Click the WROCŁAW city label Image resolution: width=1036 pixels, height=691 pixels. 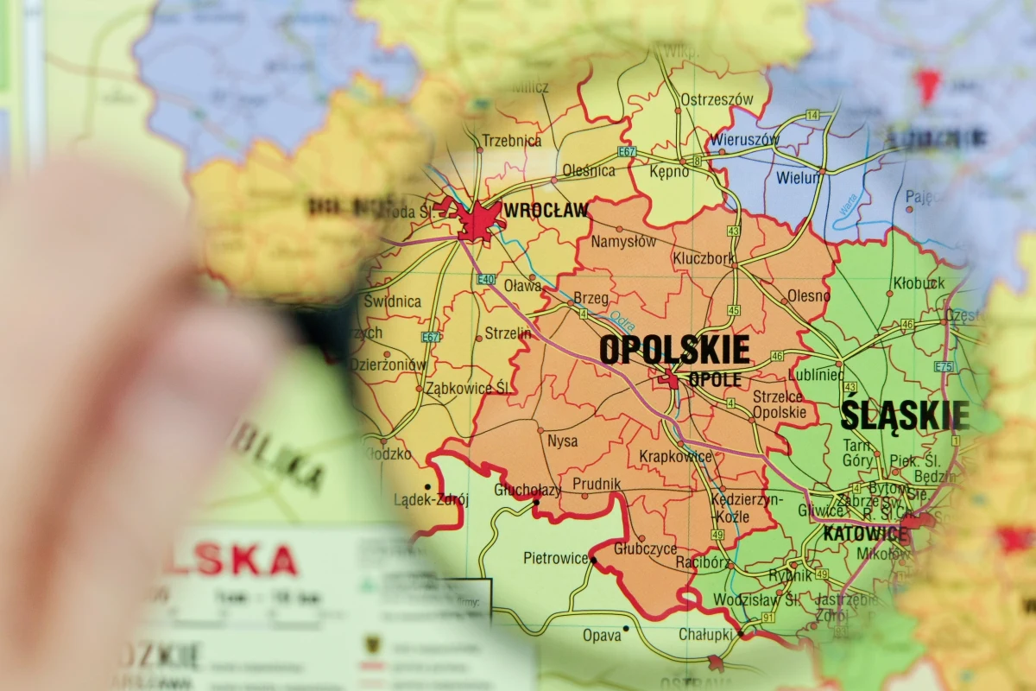[546, 210]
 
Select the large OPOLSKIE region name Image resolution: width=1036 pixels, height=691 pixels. [674, 350]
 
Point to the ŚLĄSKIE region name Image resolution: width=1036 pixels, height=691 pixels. [905, 415]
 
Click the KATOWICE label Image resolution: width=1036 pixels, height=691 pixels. [865, 534]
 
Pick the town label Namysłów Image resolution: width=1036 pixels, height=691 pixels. [623, 242]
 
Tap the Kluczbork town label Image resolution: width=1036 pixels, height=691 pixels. [704, 258]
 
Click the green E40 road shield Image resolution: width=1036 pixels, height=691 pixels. [484, 279]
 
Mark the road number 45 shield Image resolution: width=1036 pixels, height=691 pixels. [734, 310]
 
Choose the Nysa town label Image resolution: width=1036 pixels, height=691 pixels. [563, 441]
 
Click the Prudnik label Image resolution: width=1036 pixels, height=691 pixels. [597, 484]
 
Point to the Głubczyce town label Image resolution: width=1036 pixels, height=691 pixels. [645, 548]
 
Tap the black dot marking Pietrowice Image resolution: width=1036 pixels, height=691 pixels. [593, 561]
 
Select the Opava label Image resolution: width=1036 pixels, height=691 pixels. [602, 635]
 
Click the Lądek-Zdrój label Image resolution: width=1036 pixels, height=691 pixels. [431, 499]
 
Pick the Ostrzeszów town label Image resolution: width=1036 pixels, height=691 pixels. [717, 99]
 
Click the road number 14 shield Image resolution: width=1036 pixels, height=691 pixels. [812, 115]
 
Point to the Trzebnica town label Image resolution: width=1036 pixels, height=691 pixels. [511, 141]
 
